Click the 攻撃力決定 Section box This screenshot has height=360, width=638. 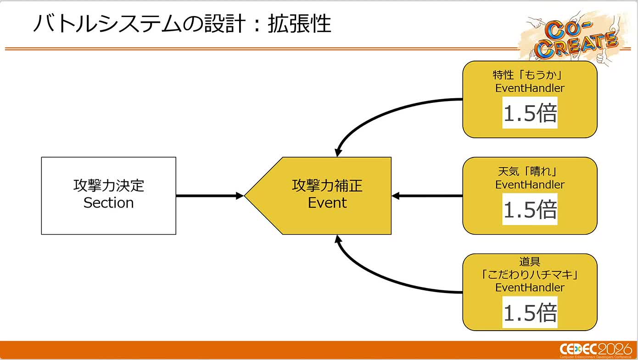point(108,196)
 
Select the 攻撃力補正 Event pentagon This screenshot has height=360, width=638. point(318,196)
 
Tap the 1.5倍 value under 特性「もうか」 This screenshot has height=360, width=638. point(530,112)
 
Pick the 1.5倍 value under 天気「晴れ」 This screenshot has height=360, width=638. point(530,209)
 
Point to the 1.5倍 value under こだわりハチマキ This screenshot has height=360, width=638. point(530,312)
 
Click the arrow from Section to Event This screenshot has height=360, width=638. point(210,196)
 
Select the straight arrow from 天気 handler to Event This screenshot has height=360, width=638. point(427,196)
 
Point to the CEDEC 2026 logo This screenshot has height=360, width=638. point(596,350)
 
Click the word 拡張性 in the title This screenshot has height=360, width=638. point(299,24)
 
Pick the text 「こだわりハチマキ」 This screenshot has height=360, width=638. point(530,275)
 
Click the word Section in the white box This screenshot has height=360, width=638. point(108,203)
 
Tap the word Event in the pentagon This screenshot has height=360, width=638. point(327,203)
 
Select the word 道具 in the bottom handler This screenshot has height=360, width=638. point(530,261)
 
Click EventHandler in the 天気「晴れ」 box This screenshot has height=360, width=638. point(530,185)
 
